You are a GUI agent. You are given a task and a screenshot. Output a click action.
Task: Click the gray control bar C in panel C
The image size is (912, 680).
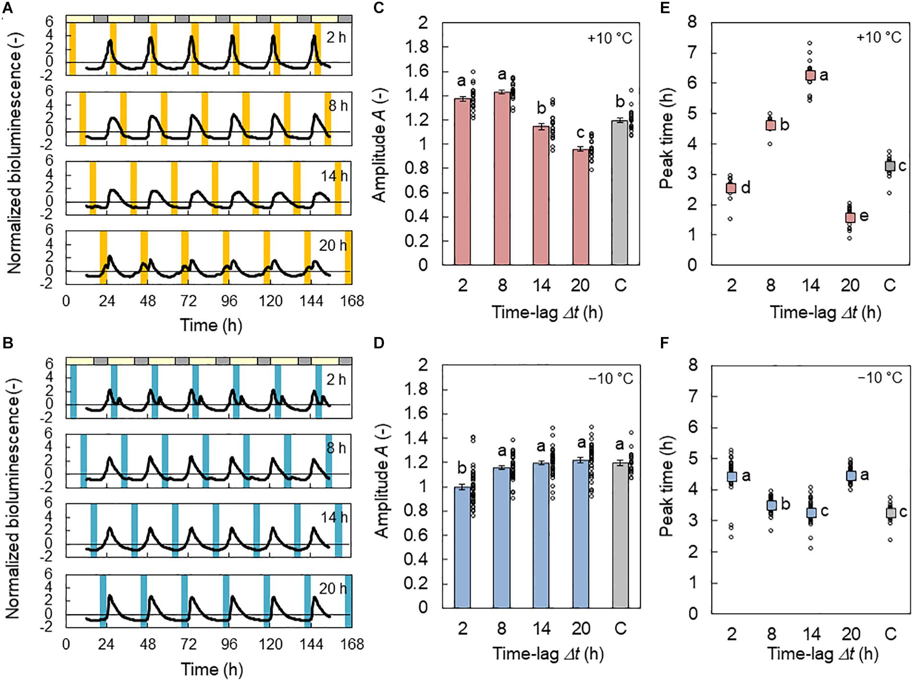coord(620,192)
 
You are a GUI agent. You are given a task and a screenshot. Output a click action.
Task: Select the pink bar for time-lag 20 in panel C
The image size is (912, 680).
coord(580,206)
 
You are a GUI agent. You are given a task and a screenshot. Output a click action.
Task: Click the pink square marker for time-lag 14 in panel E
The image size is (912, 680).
coord(810,75)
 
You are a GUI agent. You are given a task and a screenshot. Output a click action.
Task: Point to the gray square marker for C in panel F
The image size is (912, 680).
coord(890,512)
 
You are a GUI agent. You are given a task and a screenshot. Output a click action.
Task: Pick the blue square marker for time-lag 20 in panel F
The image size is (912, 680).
coord(851,475)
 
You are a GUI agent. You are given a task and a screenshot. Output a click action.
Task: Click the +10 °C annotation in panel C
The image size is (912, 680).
coord(610,37)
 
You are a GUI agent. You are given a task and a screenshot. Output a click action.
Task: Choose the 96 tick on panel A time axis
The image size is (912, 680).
coord(229,301)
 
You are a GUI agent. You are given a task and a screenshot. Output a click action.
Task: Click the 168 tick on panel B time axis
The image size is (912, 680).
coord(352,644)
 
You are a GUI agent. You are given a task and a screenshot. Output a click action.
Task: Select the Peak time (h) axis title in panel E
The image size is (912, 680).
coord(666,143)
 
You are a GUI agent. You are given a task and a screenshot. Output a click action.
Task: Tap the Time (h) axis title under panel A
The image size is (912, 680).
coord(211,325)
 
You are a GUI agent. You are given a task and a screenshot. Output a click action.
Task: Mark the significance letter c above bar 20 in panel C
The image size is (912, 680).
coord(580,131)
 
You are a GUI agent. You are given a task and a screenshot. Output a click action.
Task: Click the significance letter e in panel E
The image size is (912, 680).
coord(864,216)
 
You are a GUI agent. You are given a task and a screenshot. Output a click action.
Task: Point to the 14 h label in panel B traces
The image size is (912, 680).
coord(334,518)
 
